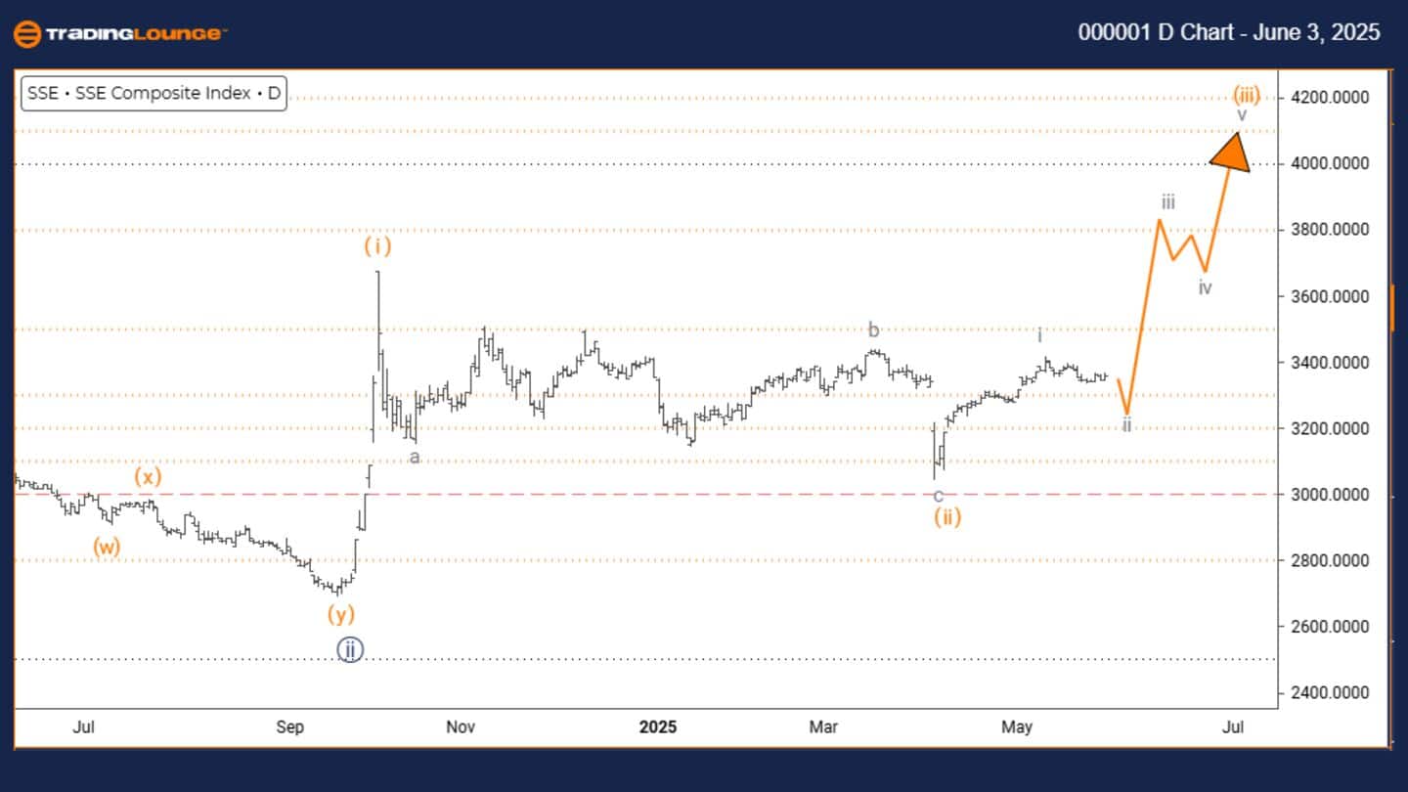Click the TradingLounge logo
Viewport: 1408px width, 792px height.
(x=120, y=34)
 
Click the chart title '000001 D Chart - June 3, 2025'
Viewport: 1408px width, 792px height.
(x=1229, y=32)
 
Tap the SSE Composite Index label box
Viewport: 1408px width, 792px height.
(x=154, y=94)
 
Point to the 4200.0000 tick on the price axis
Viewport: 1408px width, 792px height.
(x=1335, y=98)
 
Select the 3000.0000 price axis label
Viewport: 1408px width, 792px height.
(x=1335, y=495)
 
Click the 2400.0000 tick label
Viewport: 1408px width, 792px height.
(x=1335, y=693)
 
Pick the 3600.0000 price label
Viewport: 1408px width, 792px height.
(x=1335, y=296)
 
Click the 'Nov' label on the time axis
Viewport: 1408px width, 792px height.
(x=461, y=727)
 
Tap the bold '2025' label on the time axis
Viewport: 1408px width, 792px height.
(x=658, y=727)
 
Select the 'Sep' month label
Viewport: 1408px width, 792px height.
(x=290, y=727)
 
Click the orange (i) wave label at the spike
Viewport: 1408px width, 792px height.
(x=377, y=246)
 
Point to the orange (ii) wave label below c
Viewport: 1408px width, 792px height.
(x=946, y=517)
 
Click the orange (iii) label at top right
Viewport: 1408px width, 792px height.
(x=1246, y=95)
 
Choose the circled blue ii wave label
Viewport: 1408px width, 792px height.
(x=350, y=649)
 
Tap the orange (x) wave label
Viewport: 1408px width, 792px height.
(x=149, y=477)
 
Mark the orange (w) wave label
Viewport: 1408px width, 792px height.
(x=107, y=547)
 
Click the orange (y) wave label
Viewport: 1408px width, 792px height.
(x=340, y=614)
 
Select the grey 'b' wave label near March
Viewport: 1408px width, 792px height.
(x=873, y=330)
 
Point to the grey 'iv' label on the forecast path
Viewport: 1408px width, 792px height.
(x=1206, y=287)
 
